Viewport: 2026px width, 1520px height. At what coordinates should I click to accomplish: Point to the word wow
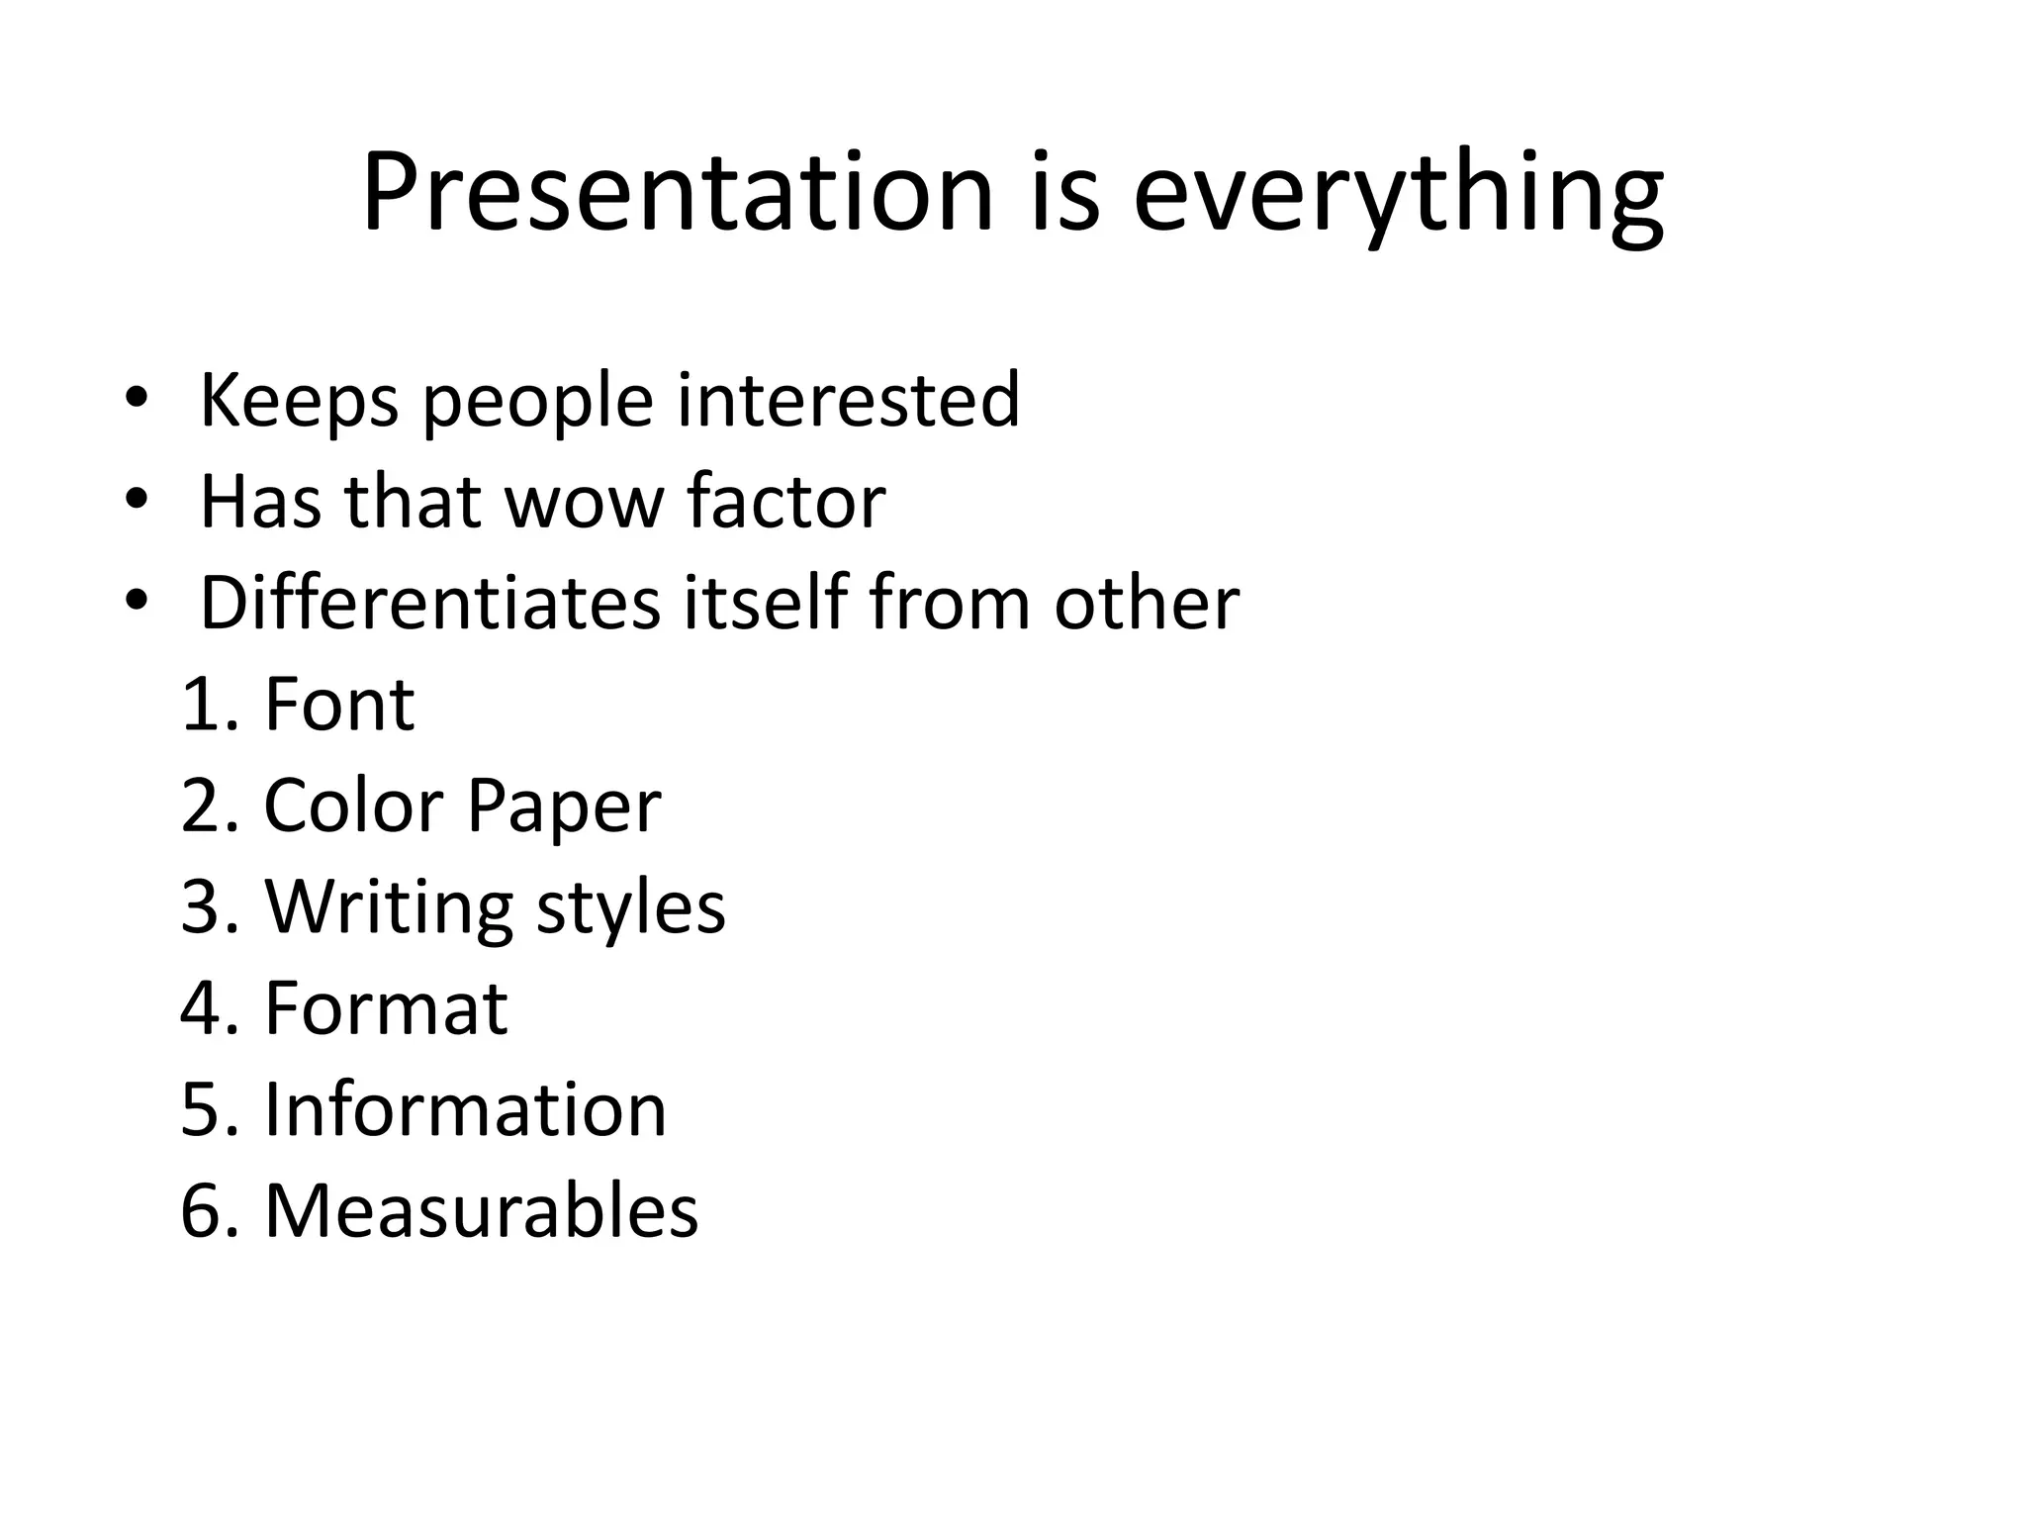click(584, 503)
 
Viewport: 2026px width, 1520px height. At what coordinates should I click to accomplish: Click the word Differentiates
click(429, 603)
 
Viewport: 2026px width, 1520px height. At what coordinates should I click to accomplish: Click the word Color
click(353, 806)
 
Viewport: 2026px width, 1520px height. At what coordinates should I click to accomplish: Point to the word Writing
click(389, 908)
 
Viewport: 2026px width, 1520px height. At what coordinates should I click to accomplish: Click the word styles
click(631, 908)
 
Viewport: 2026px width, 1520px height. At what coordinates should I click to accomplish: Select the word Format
click(386, 1008)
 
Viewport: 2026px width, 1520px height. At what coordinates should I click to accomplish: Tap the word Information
click(465, 1109)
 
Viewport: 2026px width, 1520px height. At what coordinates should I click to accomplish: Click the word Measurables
click(481, 1210)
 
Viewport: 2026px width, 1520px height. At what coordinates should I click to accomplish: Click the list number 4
click(202, 1008)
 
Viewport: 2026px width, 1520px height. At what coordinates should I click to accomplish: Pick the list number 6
click(202, 1210)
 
